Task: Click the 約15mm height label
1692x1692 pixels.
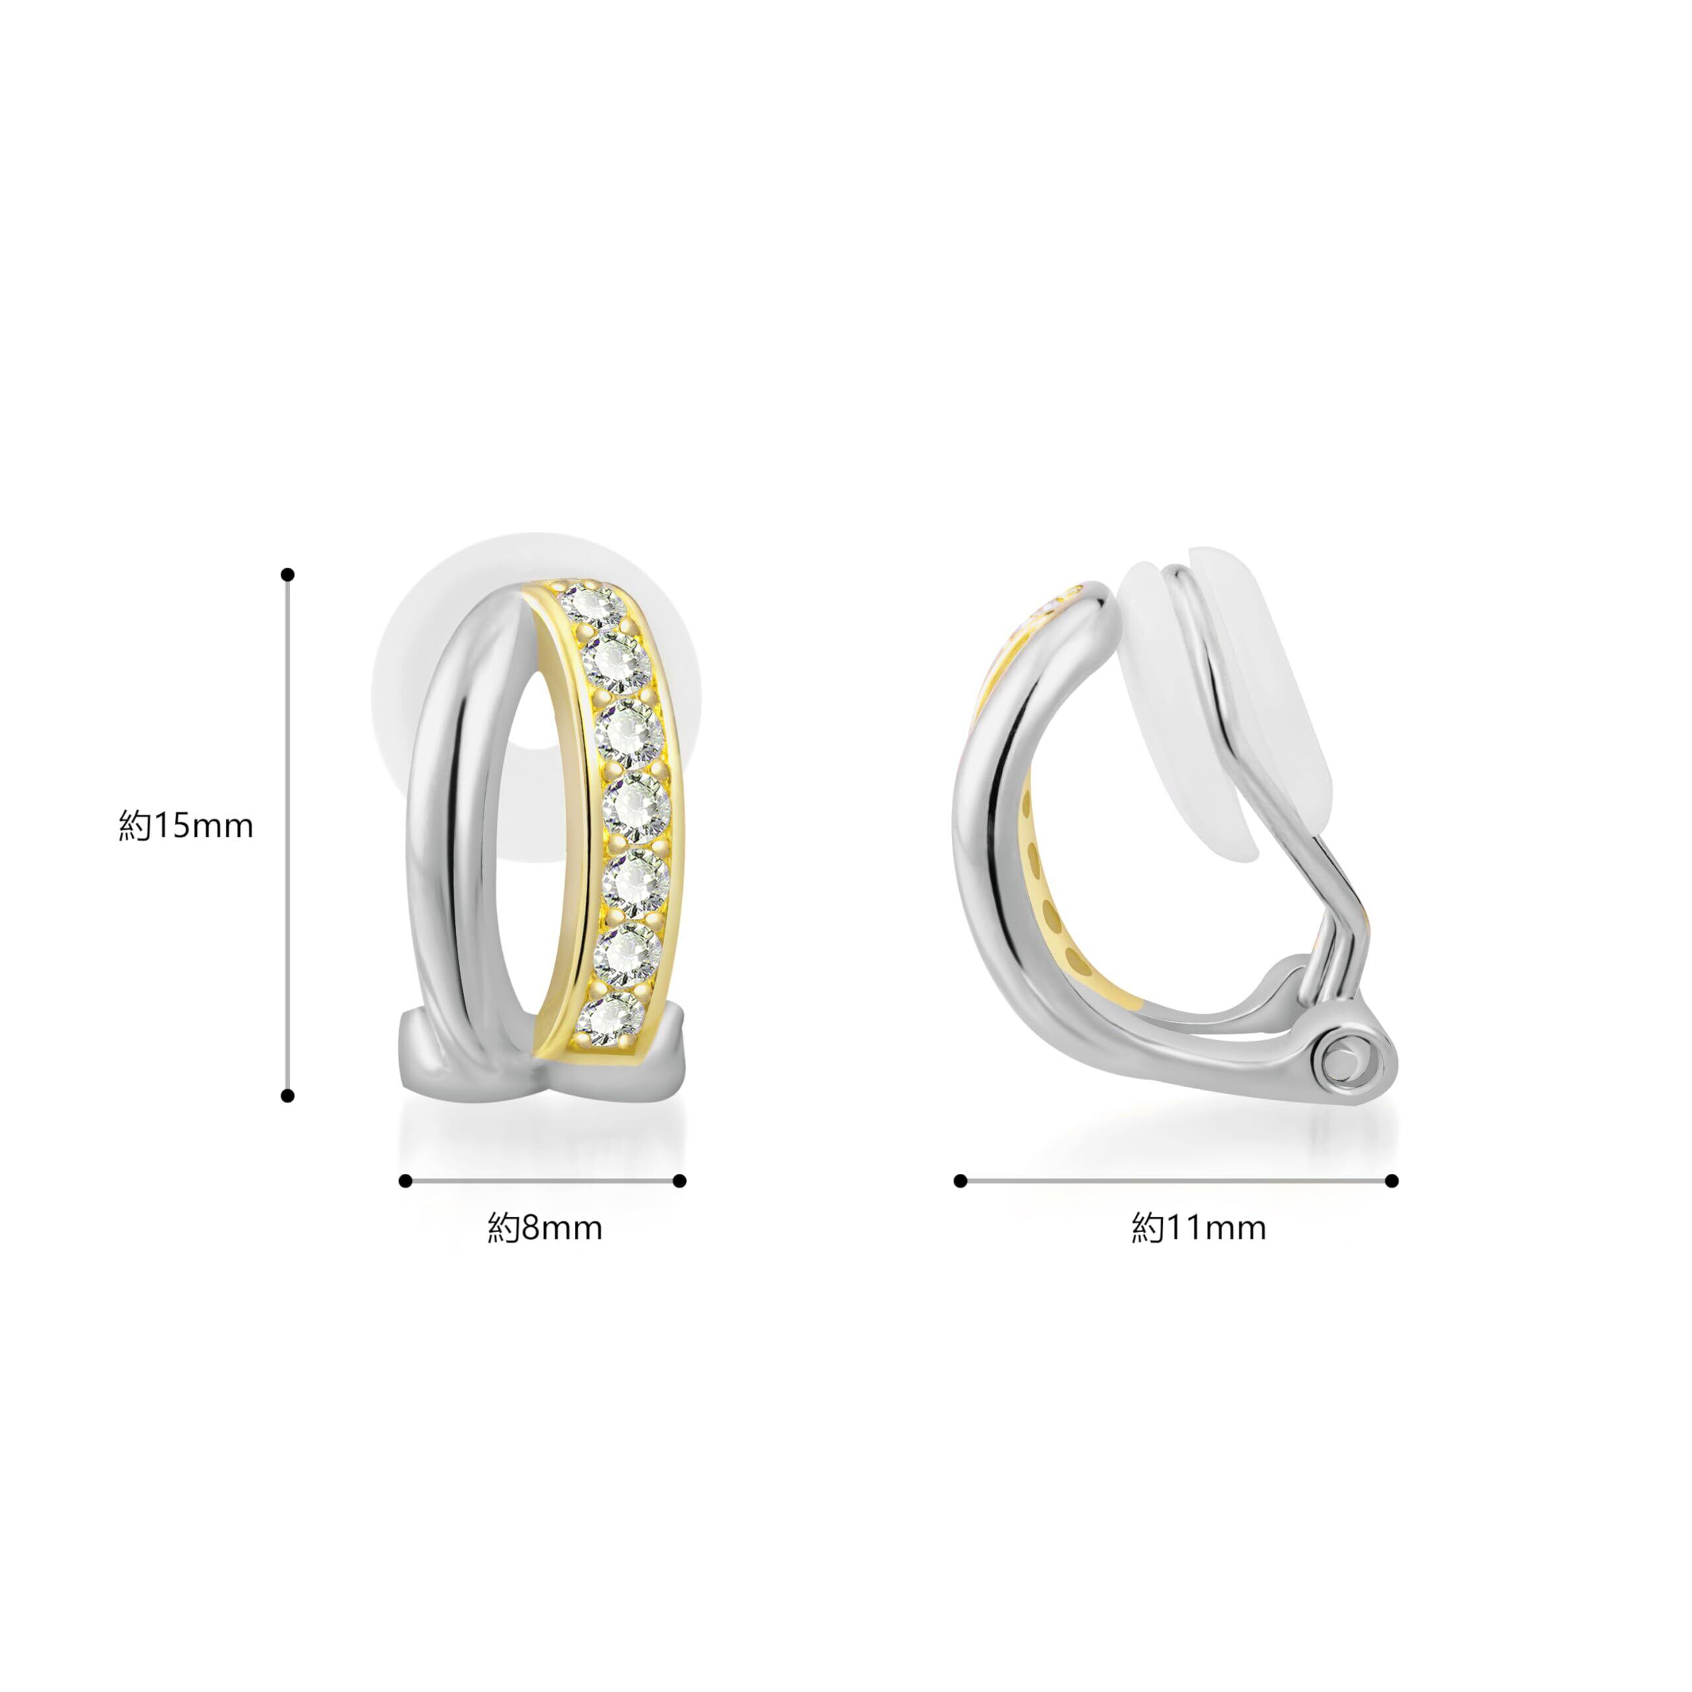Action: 186,826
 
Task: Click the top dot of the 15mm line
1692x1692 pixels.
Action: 288,574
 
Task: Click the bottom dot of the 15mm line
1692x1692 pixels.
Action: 288,1096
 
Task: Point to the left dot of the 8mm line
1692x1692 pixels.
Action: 404,1181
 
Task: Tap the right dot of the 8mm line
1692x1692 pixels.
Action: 679,1181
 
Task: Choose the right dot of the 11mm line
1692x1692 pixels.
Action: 1393,1181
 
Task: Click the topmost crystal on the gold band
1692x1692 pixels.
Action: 593,604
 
